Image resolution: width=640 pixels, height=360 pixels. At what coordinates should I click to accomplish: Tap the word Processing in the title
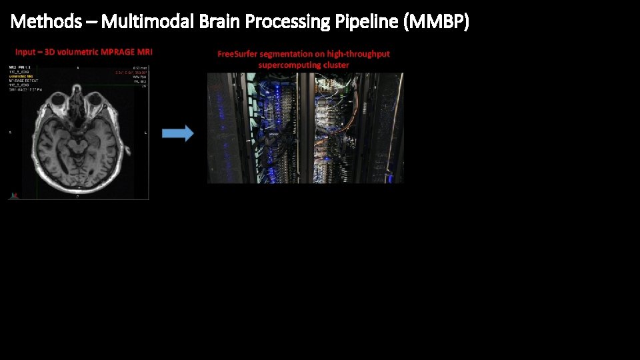click(288, 22)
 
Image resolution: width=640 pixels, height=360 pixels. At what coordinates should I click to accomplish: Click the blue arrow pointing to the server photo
click(178, 133)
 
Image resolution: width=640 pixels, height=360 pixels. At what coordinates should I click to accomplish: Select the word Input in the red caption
click(25, 52)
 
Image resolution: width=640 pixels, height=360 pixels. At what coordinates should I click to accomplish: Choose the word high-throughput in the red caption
click(359, 54)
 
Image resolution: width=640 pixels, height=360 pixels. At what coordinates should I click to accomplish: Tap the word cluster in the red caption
click(336, 65)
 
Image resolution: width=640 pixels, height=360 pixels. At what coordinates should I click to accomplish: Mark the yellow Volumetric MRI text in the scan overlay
click(22, 77)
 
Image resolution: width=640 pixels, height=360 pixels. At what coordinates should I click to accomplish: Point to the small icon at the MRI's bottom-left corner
click(13, 195)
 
